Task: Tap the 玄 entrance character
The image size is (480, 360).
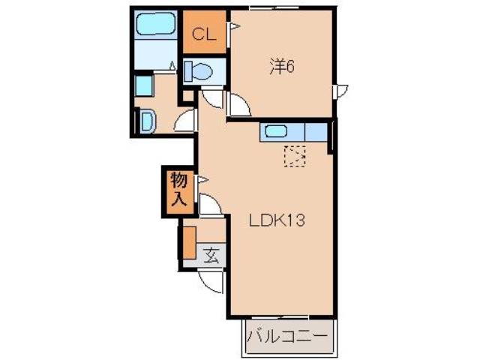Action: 211,255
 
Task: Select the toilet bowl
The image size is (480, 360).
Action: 199,72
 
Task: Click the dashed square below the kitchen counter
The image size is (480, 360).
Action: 295,156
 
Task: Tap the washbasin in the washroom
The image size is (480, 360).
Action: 145,120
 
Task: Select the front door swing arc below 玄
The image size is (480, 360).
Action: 212,281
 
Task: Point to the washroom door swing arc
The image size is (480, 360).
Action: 186,121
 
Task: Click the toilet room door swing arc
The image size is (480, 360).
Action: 211,98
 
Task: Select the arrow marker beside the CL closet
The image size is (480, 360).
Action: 233,28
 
